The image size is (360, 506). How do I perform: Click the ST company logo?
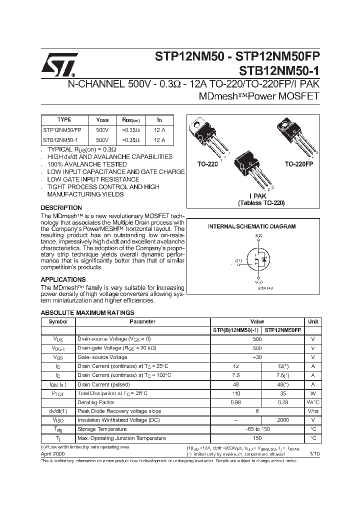coord(59,64)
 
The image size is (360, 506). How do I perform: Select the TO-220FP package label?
coord(298,164)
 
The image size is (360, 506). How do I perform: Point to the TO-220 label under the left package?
coord(207,164)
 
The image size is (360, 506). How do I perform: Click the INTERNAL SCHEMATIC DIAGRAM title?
coord(251,226)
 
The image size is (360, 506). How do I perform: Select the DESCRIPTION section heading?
coord(61,207)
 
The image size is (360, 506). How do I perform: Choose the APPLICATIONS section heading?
coord(63,279)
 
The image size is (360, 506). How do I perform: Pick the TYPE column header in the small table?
coord(64,120)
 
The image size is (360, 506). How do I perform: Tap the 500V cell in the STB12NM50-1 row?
coord(102,140)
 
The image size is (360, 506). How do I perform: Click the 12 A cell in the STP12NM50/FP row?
coord(159,130)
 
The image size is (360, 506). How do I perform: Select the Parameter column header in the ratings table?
coord(142,321)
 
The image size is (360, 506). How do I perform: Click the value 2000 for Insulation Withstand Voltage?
coord(283,420)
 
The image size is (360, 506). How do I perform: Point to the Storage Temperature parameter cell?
coord(102,429)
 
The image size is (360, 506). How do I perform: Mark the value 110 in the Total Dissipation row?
coord(236,393)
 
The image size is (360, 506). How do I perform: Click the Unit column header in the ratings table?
coord(313,321)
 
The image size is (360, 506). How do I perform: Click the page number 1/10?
coord(314,453)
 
